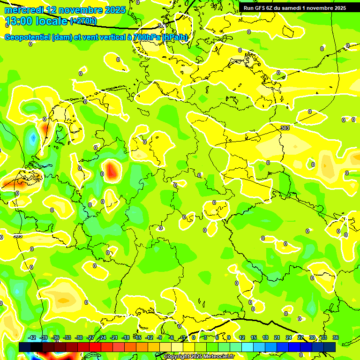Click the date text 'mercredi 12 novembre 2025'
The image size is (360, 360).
[65, 10]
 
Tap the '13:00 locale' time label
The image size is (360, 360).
[36, 21]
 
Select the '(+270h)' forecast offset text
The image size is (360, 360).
[83, 21]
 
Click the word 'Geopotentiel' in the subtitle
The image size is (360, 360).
[27, 37]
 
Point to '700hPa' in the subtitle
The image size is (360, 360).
[147, 37]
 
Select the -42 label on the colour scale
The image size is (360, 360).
[32, 337]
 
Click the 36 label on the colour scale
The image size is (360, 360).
[336, 337]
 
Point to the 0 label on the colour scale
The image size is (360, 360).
[194, 337]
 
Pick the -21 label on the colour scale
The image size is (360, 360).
[114, 337]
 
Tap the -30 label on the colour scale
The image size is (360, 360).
[79, 337]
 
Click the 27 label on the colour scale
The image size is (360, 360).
[300, 337]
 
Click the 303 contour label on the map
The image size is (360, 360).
[285, 128]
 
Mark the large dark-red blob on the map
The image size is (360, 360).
[112, 171]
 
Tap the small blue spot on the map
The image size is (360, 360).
[32, 138]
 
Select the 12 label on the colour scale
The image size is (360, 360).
[242, 337]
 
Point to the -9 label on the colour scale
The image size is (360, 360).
[160, 337]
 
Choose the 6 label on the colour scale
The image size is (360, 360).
[217, 337]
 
